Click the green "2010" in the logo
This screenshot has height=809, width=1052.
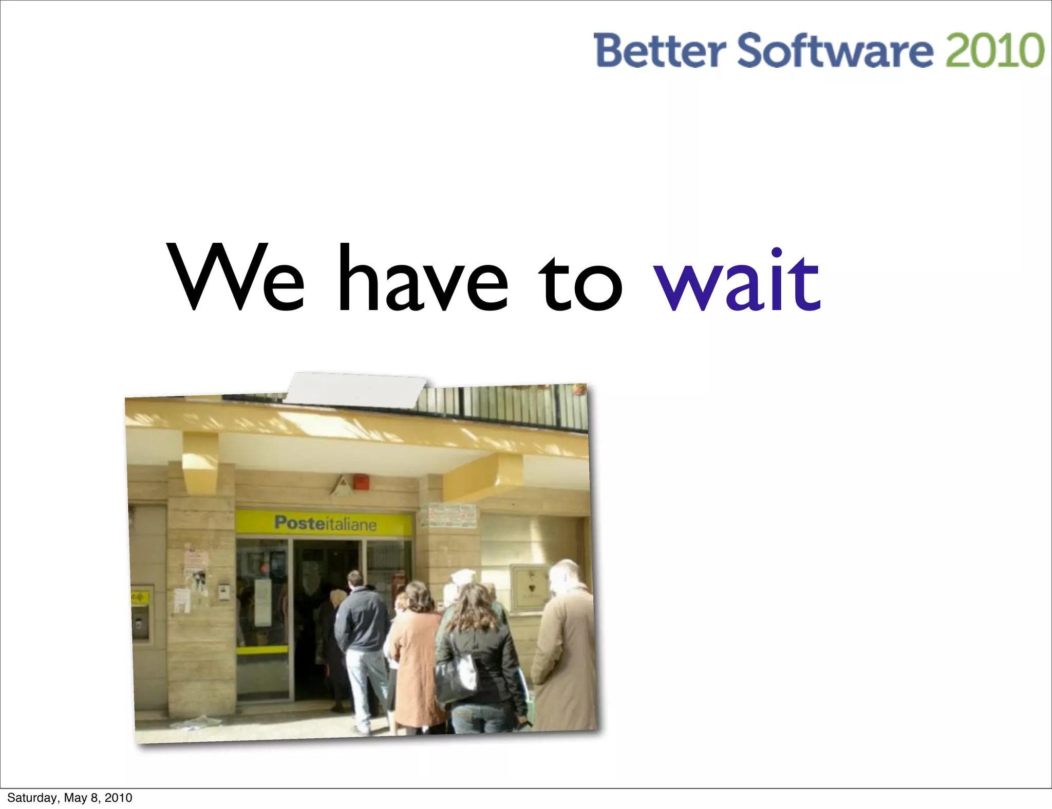point(994,50)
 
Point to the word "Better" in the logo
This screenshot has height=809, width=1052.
point(660,50)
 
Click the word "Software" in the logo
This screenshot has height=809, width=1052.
point(835,50)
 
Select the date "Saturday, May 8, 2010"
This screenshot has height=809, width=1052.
point(70,798)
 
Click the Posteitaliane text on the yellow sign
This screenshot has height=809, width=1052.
point(325,523)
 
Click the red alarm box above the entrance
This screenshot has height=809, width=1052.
point(361,482)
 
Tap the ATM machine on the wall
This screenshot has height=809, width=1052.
point(141,614)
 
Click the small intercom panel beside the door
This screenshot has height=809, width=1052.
point(224,591)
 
